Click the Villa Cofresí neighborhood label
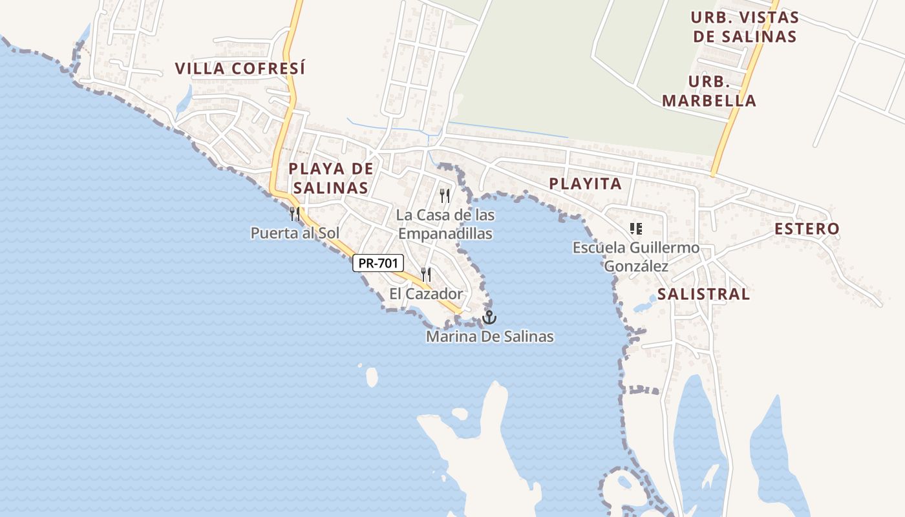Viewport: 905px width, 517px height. point(240,69)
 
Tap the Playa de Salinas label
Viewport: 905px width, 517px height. point(330,178)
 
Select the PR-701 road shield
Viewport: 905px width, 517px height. point(378,263)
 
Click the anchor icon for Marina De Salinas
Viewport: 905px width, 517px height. point(489,317)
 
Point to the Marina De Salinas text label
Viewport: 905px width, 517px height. point(489,337)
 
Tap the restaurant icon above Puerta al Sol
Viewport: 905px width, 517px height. point(295,214)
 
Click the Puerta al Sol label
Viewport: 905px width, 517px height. point(295,233)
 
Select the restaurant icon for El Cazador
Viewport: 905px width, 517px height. point(426,275)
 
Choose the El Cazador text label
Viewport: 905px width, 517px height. point(426,294)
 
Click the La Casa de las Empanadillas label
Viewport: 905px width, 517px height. point(445,224)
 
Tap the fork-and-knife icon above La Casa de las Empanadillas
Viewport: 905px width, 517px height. point(445,195)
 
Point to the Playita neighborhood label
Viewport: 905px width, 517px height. point(585,184)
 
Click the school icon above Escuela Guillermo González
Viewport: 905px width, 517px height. point(636,228)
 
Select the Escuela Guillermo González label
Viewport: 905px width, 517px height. point(636,257)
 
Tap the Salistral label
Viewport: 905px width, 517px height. point(703,294)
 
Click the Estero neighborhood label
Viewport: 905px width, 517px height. point(807,229)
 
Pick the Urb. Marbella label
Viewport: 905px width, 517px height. point(709,91)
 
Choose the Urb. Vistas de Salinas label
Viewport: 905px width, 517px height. point(745,26)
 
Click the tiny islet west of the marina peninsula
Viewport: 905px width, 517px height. point(372,377)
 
